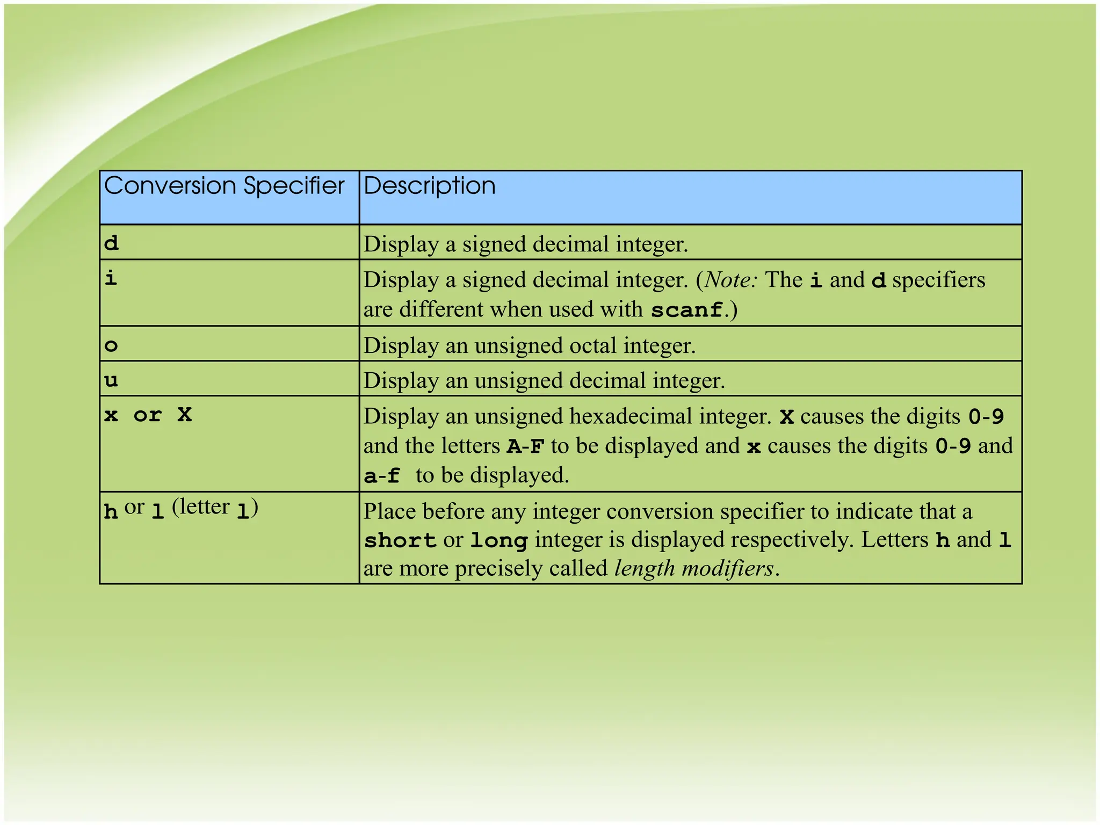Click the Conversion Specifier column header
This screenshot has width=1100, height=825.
point(224,186)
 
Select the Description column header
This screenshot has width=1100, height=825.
point(430,186)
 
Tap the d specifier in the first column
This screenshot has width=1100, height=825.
point(111,243)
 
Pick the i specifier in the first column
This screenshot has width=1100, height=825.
point(111,278)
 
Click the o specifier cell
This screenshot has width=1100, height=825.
point(111,345)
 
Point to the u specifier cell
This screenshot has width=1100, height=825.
point(111,381)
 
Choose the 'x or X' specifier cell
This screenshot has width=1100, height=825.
point(148,415)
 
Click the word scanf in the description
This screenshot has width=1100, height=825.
point(686,310)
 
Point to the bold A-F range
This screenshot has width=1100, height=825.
point(525,446)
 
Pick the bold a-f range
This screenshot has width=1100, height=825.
point(382,476)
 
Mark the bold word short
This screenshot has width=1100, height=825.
point(400,540)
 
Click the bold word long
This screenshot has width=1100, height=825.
point(499,540)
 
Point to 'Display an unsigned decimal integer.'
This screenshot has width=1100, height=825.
point(544,381)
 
